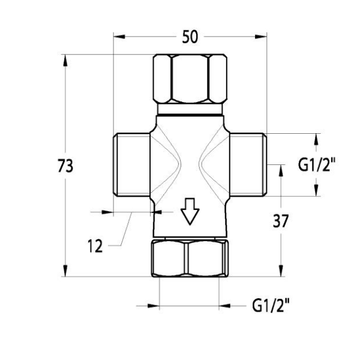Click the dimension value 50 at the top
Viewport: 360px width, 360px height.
[x=190, y=37]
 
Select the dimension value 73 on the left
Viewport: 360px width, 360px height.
[x=65, y=166]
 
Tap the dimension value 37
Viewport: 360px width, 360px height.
[x=281, y=221]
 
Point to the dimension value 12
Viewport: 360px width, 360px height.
[x=95, y=246]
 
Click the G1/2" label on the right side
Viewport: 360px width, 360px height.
[x=317, y=164]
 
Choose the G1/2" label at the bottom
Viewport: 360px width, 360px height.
[x=271, y=305]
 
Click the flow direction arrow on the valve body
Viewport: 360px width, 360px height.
[x=190, y=211]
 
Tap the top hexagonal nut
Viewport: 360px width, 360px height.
[x=190, y=79]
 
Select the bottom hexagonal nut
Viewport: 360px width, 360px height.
[x=190, y=258]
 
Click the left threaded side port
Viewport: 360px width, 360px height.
[x=131, y=164]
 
